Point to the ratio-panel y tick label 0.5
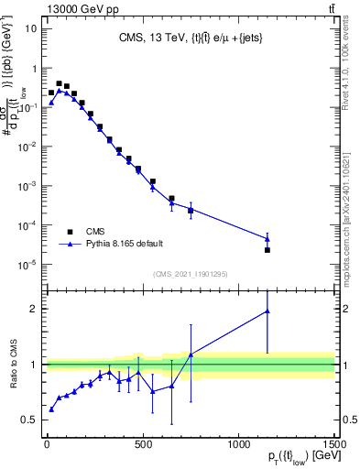coord(30,420)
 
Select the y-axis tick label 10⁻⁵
coord(27,265)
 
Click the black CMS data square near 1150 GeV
coord(267,250)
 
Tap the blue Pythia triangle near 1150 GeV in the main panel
coord(267,239)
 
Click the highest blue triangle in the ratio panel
coord(267,311)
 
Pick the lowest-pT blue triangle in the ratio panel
coord(51,409)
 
